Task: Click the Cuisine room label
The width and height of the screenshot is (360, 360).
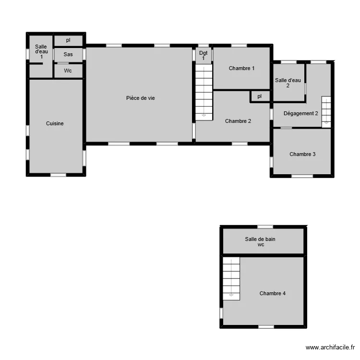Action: coord(55,123)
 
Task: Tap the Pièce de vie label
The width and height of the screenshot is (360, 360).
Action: coord(140,98)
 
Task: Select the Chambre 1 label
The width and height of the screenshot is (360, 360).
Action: coord(241,68)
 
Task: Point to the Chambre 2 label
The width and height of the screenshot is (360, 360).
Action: coord(238,121)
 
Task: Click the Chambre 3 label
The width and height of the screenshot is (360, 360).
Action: coord(302,154)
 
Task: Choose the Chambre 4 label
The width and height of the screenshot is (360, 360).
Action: coord(273,293)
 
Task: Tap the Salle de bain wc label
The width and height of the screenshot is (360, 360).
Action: coord(260,241)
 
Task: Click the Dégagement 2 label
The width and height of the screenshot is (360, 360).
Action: coord(301,113)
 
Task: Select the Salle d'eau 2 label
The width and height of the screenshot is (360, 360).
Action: coord(288,83)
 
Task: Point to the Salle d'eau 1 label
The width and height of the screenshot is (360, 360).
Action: coord(41,51)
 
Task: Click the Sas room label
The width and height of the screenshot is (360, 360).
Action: coord(68,55)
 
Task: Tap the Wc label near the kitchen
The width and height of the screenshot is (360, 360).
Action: coord(68,71)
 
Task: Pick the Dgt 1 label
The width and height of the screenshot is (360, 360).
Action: coord(204,55)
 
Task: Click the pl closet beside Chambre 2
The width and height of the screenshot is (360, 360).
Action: coord(260,96)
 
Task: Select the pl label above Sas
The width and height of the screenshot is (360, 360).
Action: coord(68,40)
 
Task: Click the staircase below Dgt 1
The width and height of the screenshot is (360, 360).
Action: coord(204,92)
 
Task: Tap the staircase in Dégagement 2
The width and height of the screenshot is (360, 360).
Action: coord(326,111)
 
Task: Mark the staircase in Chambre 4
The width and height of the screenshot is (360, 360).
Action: coord(231,278)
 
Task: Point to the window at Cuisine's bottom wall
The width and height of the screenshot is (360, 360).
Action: coord(58,175)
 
